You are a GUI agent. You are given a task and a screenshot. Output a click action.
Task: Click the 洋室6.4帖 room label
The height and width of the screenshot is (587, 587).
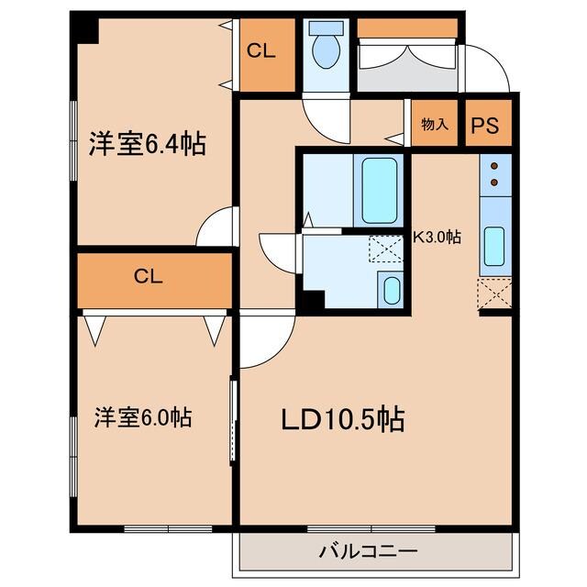coord(147,144)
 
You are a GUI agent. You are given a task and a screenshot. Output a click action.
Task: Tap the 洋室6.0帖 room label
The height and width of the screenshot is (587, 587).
coord(143,418)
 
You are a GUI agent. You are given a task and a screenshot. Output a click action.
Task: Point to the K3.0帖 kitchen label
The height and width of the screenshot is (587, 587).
coord(437,237)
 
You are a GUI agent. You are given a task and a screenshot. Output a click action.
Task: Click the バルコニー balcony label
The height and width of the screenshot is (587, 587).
coord(369,551)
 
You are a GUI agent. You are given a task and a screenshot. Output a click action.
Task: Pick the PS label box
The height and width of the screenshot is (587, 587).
coord(485,127)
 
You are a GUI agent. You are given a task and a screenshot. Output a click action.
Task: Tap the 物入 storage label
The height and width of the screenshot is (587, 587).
coord(435,125)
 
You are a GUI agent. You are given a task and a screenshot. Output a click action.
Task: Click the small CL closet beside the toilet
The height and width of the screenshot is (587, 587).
coord(261,52)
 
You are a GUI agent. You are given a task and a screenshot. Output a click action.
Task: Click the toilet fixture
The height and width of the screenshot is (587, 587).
coord(324,48)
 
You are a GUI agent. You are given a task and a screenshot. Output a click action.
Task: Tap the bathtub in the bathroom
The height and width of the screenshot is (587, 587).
coord(379,191)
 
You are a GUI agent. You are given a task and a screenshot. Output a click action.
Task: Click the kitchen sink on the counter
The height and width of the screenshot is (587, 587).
coord(493,245)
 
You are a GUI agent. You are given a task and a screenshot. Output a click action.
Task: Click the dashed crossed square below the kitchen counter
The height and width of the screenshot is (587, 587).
coord(493,294)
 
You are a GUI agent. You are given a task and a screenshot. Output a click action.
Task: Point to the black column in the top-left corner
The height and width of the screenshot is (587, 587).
coord(84,30)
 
